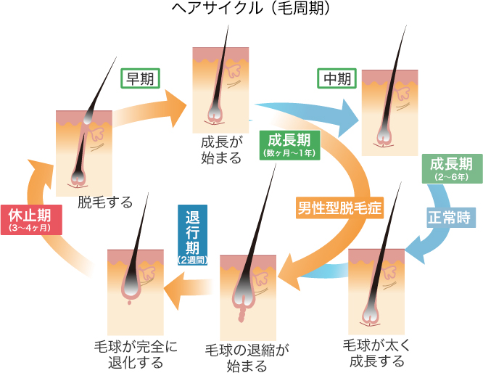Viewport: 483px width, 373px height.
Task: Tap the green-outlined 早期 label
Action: pos(140,78)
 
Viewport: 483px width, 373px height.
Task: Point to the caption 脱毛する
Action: pos(105,202)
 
